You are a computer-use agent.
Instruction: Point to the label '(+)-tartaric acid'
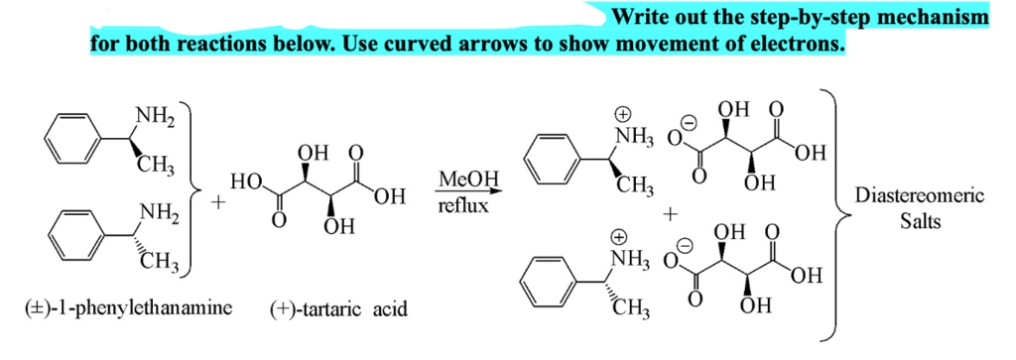point(338,310)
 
